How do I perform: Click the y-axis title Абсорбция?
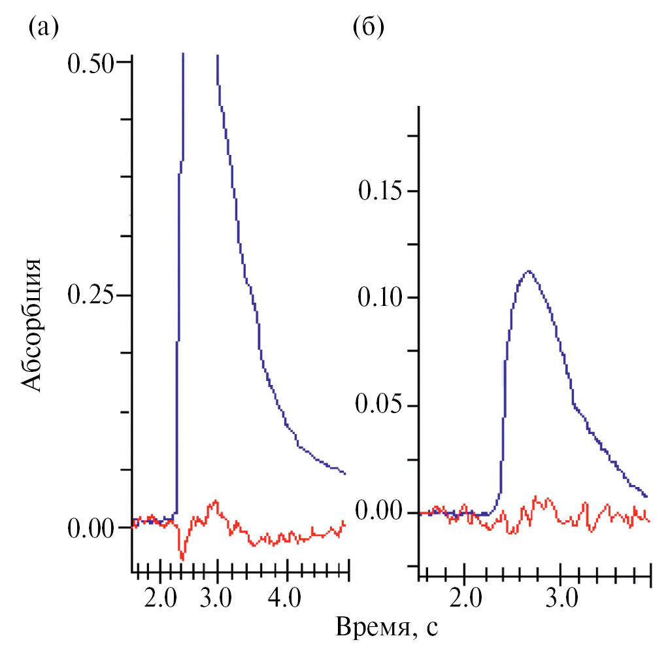point(33,325)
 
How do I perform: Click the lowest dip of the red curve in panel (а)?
point(182,560)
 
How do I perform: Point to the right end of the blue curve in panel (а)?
point(344,473)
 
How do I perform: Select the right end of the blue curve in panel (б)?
point(646,497)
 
